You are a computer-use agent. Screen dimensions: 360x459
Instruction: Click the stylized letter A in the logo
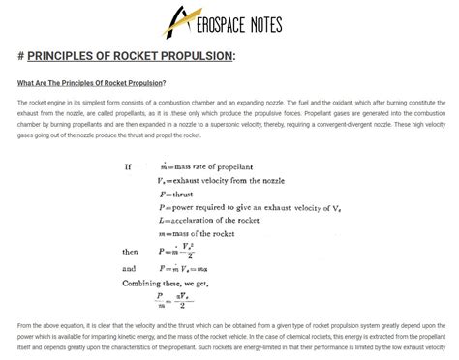[x=178, y=18]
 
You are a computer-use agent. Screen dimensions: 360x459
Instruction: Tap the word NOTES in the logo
[x=255, y=21]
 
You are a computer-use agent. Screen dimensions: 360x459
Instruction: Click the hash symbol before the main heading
[x=21, y=56]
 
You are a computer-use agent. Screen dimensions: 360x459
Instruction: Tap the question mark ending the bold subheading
[x=165, y=83]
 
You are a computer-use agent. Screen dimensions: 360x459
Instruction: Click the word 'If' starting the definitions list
[x=128, y=166]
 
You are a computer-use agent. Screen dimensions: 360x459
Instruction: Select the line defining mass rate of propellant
[x=208, y=166]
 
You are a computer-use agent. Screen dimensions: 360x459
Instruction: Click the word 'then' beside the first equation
[x=130, y=252]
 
